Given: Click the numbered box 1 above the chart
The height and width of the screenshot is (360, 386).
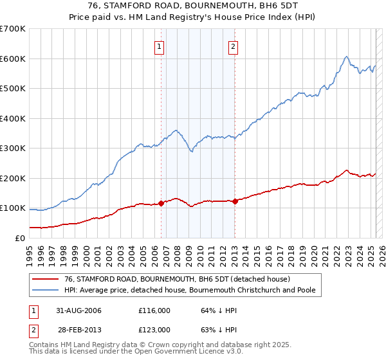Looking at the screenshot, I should pyautogui.click(x=159, y=46).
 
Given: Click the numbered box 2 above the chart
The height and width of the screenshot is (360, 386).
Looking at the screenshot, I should pyautogui.click(x=232, y=46).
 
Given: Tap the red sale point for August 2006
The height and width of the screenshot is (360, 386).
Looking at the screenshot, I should pyautogui.click(x=161, y=203).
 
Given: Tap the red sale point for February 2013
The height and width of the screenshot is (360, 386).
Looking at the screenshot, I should pyautogui.click(x=235, y=201).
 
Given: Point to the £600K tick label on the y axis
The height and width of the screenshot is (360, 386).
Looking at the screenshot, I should pyautogui.click(x=13, y=59).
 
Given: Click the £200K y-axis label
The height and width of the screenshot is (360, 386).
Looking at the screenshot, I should pyautogui.click(x=13, y=178).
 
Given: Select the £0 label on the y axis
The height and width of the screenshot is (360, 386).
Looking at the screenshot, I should pyautogui.click(x=19, y=238).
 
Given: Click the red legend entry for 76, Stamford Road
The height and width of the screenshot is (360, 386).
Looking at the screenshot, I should pyautogui.click(x=178, y=279).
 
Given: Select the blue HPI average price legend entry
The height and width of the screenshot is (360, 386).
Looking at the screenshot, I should pyautogui.click(x=190, y=290).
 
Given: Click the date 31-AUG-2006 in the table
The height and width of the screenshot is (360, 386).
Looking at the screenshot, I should pyautogui.click(x=78, y=310).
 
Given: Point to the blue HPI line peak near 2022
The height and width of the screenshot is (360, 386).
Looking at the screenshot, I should pyautogui.click(x=346, y=57).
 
